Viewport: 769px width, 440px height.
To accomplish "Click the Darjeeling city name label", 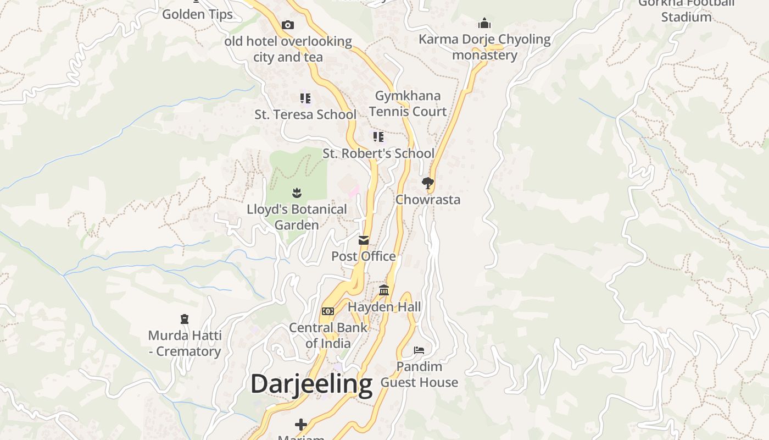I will tap(311, 384).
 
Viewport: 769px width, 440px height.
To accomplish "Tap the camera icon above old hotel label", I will tap(287, 25).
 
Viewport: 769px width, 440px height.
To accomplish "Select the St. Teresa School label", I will tap(305, 114).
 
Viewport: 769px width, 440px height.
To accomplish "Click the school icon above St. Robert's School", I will tap(378, 136).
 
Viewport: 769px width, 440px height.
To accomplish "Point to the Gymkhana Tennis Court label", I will tap(408, 103).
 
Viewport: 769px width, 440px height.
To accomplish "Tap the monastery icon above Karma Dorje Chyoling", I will tap(484, 23).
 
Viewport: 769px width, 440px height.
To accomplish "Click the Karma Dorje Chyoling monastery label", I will tap(484, 47).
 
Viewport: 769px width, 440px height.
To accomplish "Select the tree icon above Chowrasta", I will tap(428, 183).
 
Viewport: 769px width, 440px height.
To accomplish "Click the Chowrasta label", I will tap(428, 200).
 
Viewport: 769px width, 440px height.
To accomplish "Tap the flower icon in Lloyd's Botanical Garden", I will tap(297, 193).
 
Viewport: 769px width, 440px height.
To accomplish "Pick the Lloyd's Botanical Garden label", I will tap(297, 217).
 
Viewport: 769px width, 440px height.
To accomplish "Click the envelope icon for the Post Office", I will tap(364, 240).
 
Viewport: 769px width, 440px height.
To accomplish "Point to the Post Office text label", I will tap(364, 256).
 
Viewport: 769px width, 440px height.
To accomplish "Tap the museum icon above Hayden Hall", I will tap(384, 290).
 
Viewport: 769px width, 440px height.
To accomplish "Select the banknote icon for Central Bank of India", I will tap(328, 311).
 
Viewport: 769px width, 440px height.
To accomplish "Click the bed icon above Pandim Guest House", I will tap(419, 350).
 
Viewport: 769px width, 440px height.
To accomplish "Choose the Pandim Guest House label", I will tap(419, 374).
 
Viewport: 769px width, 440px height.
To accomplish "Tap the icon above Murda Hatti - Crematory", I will tap(185, 319).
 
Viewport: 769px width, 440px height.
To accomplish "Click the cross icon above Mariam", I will tap(300, 424).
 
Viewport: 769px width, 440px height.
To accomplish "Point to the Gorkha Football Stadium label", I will tap(686, 10).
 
